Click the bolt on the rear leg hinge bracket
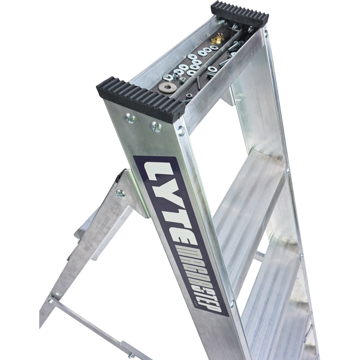(x=120, y=193)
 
